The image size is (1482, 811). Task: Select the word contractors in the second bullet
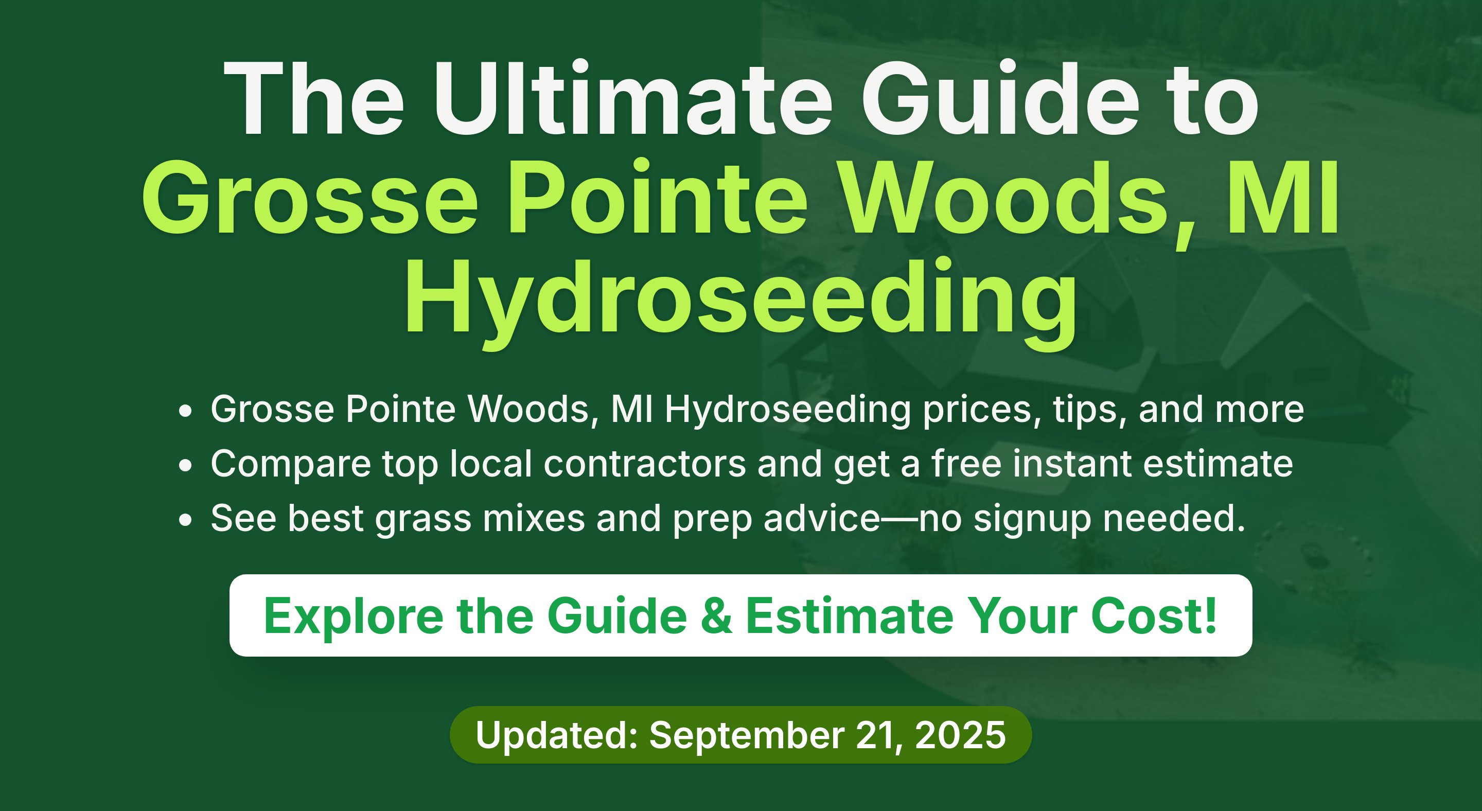[644, 464]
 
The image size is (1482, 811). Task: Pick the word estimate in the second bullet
[1218, 464]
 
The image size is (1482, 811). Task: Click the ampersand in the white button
[717, 616]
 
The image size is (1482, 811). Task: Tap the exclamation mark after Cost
[1210, 615]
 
